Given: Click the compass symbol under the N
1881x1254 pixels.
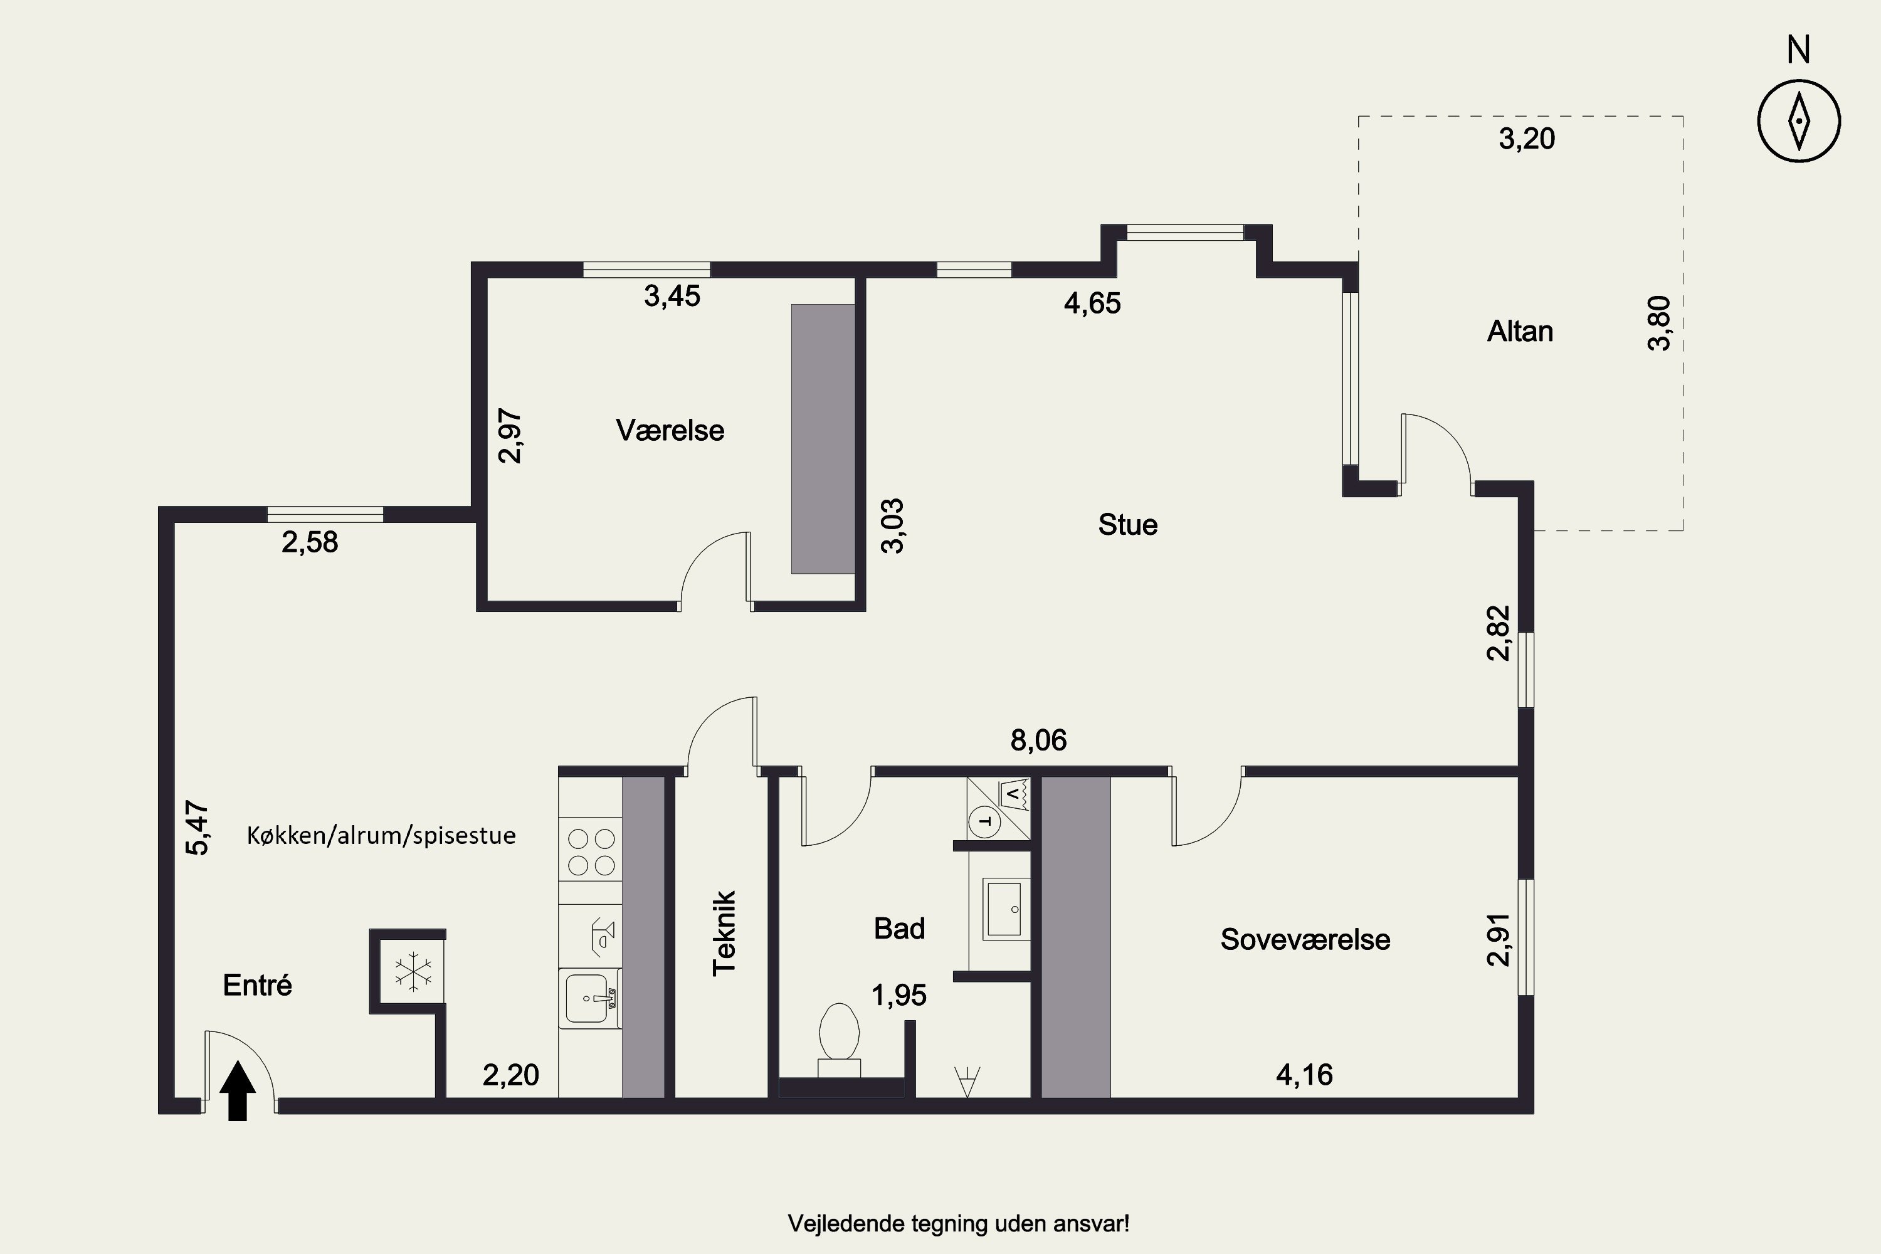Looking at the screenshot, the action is click(1799, 122).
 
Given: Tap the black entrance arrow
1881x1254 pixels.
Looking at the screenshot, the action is click(238, 1090).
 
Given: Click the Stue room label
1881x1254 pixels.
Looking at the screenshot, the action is click(1127, 525).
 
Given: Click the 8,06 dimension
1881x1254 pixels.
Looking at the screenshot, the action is click(1039, 740).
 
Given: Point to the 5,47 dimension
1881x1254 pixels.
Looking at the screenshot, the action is click(198, 828).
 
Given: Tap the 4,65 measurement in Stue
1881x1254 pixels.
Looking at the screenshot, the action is click(1092, 303).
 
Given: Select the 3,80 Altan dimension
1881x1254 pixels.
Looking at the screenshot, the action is click(1660, 323).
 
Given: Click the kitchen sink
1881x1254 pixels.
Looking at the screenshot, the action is click(590, 998).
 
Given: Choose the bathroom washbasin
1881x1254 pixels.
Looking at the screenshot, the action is click(1005, 909).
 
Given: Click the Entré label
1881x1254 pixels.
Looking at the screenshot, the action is click(258, 985).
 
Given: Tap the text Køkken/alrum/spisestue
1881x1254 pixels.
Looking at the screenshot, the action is click(381, 836).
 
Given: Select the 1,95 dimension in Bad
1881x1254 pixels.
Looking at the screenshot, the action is click(899, 996).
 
